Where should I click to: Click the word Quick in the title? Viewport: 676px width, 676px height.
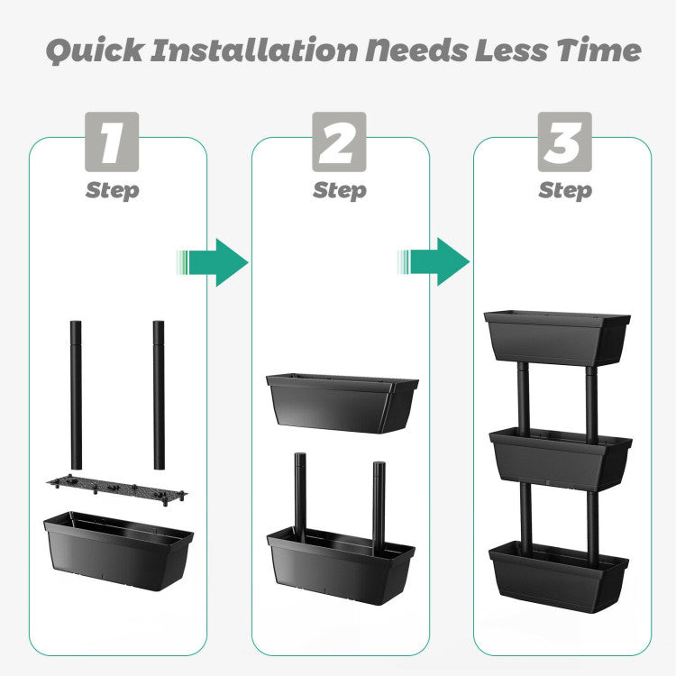click(x=95, y=50)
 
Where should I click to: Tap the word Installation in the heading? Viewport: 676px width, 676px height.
click(x=254, y=50)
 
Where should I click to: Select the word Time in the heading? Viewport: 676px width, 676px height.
click(x=598, y=50)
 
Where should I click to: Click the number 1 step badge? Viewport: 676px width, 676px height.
click(x=112, y=142)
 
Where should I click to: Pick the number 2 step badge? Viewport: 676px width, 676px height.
click(x=339, y=142)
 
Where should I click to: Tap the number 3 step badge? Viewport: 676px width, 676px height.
click(x=565, y=142)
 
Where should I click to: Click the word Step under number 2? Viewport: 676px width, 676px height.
click(x=340, y=190)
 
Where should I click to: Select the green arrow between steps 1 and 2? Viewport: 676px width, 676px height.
click(x=213, y=262)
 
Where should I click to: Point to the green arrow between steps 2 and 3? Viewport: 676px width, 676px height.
click(x=434, y=261)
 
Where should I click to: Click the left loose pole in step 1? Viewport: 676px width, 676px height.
click(x=76, y=395)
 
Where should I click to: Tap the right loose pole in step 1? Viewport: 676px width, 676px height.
click(x=159, y=395)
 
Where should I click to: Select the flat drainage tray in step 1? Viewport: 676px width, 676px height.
click(x=117, y=489)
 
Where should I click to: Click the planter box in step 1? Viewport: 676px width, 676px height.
click(x=119, y=551)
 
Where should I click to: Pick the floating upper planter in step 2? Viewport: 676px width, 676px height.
click(x=343, y=403)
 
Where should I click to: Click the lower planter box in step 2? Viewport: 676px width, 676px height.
click(x=341, y=566)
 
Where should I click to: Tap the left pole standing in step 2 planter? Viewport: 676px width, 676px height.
click(x=300, y=497)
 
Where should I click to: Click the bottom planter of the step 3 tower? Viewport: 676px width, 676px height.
click(x=559, y=577)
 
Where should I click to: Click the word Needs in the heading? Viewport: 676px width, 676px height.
click(x=417, y=50)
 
